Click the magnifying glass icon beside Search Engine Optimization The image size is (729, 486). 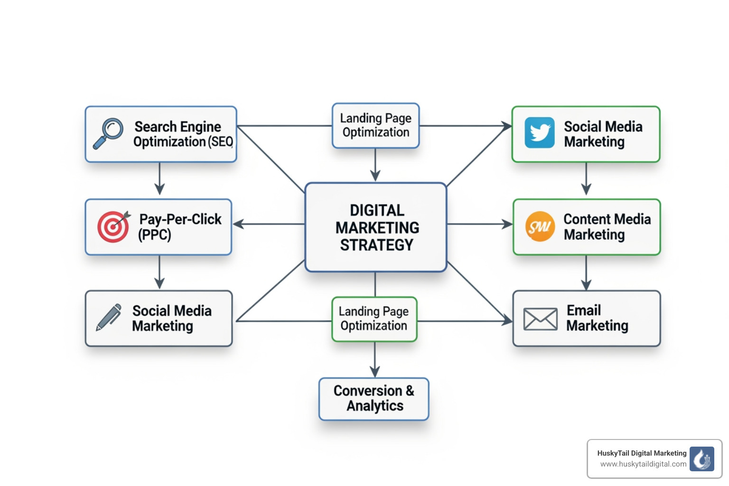click(108, 133)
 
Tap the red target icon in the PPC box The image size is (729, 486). click(113, 227)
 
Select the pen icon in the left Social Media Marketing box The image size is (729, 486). click(109, 318)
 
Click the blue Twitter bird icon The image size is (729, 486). click(540, 133)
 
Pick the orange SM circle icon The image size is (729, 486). click(540, 227)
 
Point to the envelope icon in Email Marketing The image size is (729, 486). click(540, 319)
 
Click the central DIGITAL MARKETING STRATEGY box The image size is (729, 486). click(376, 227)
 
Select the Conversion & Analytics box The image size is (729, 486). click(374, 399)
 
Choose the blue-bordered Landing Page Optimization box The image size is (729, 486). click(375, 125)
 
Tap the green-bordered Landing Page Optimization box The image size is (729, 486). click(374, 318)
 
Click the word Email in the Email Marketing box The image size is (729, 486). click(584, 310)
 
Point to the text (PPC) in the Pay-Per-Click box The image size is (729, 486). click(155, 235)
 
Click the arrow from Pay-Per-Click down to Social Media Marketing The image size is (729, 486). click(159, 273)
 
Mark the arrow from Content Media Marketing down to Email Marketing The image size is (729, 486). click(586, 273)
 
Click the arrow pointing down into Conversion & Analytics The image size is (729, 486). click(375, 361)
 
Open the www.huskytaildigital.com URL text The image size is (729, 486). click(643, 464)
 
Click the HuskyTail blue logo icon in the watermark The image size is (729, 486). click(701, 459)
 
